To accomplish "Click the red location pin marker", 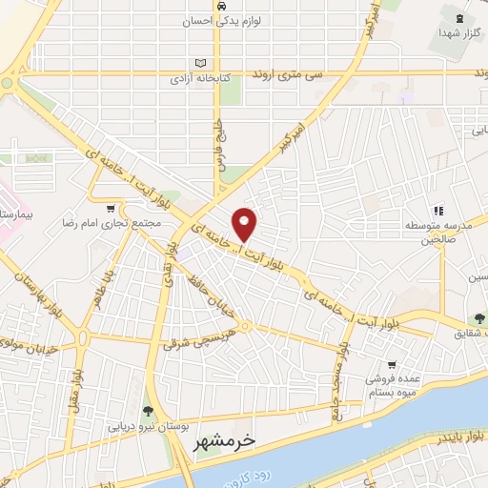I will (x=246, y=223).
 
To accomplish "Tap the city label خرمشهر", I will (x=257, y=441).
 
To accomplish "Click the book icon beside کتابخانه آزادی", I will (x=199, y=64).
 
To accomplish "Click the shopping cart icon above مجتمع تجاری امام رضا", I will (x=112, y=209).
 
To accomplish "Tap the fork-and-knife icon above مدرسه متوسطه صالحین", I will (x=438, y=211).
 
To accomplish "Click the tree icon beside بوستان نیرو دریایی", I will (x=147, y=412).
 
